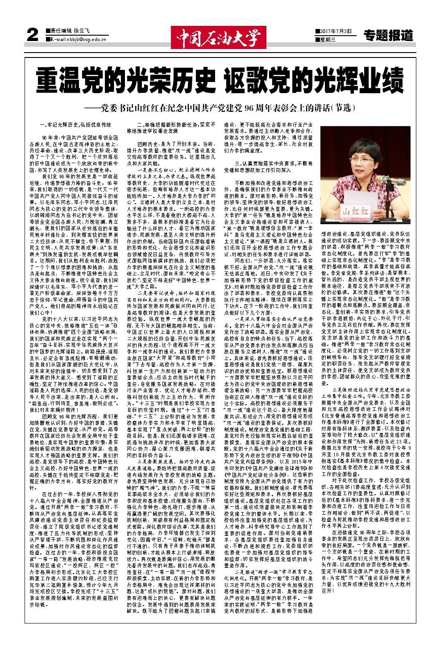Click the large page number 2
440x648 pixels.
point(32,36)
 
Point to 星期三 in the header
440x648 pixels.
point(327,40)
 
